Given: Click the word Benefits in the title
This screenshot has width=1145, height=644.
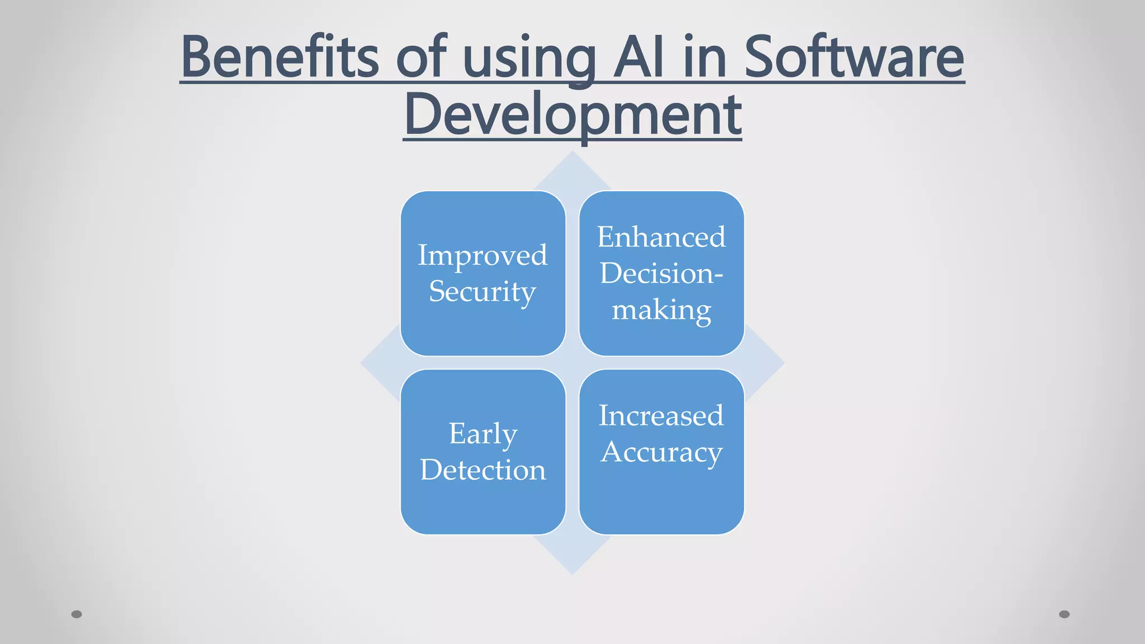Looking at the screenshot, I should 280,57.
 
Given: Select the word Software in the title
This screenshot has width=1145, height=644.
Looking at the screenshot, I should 854,57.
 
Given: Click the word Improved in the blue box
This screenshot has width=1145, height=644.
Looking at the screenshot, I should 482,255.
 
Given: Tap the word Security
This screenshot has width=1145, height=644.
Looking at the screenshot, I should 482,292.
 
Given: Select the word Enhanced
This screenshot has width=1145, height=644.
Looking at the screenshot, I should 661,237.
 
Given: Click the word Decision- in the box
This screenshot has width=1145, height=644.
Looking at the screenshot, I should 661,273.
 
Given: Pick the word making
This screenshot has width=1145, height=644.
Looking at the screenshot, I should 661,310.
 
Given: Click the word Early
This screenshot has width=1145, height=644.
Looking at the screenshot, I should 483,434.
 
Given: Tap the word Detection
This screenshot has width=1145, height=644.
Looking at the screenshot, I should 483,470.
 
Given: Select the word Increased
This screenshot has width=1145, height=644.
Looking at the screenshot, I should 661,415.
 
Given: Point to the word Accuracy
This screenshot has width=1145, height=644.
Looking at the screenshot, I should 661,452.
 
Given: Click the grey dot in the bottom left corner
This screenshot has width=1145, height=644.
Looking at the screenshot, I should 77,614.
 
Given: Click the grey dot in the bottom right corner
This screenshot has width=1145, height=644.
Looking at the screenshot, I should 1064,614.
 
